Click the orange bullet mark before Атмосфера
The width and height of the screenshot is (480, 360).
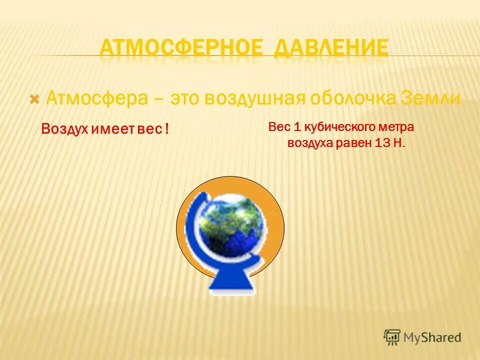tap(34, 98)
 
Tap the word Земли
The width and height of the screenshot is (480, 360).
tap(430, 98)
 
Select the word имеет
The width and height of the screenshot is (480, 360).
tap(111, 129)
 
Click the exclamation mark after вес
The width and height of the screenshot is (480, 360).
tap(165, 129)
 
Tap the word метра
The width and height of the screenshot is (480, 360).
tap(398, 127)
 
